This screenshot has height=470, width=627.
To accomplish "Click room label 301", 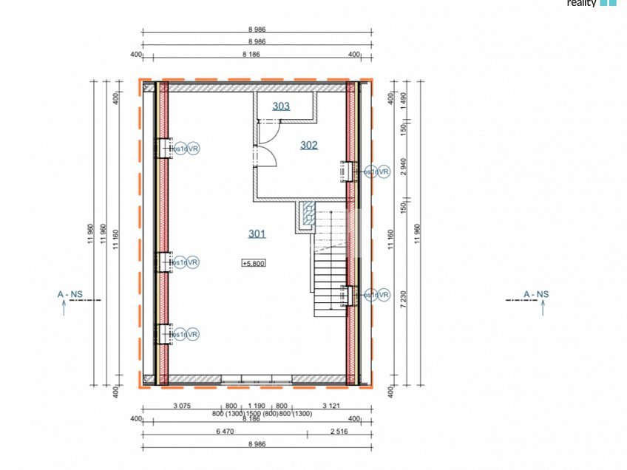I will tap(257, 234).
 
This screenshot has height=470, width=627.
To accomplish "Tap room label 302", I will tap(308, 146).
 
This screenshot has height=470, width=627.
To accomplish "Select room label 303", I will tap(281, 106).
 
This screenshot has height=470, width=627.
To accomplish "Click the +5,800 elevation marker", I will tap(253, 263).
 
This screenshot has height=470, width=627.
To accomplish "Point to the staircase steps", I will tap(330, 273).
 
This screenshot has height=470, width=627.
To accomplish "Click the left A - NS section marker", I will tap(70, 295).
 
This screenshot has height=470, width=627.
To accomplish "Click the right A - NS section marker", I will tap(536, 295).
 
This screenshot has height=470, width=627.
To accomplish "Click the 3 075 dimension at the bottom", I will tap(183, 406).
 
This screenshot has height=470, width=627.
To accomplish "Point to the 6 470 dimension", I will tap(225, 431).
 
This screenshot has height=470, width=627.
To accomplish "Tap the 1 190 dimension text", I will tap(257, 406).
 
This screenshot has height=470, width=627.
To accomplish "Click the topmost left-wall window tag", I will tap(184, 149).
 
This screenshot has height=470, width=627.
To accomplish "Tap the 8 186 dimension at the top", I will tap(257, 55).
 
